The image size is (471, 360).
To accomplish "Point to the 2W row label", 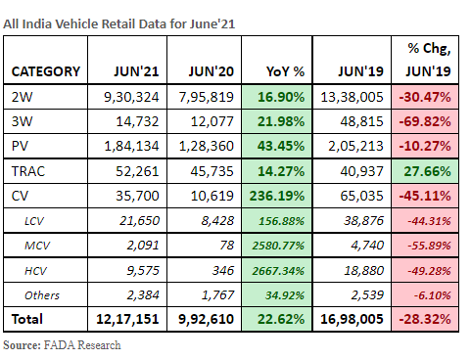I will point(22,96).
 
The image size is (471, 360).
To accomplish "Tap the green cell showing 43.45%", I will point(286,144).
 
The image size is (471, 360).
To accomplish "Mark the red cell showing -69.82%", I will point(425,119).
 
